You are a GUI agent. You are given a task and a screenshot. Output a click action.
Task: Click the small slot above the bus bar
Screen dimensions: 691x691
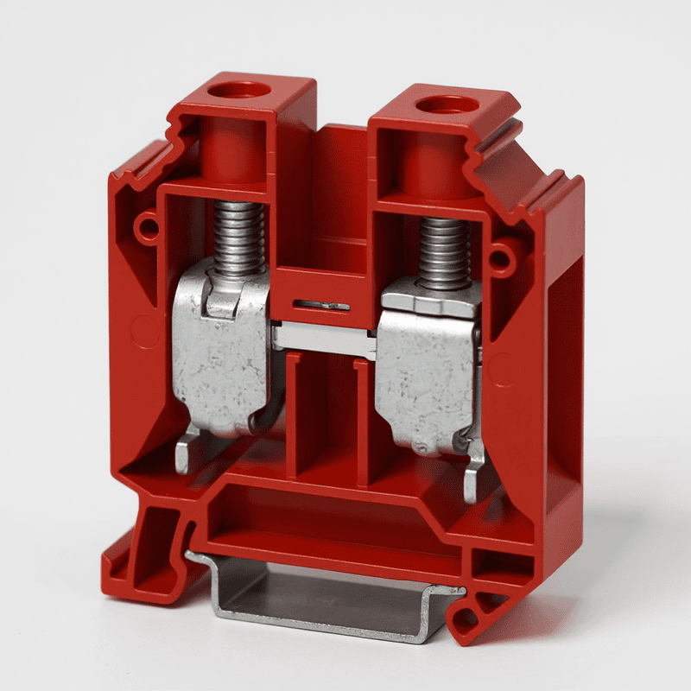point(321,306)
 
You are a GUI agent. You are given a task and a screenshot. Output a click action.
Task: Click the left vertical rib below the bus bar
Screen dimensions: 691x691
point(293,415)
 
